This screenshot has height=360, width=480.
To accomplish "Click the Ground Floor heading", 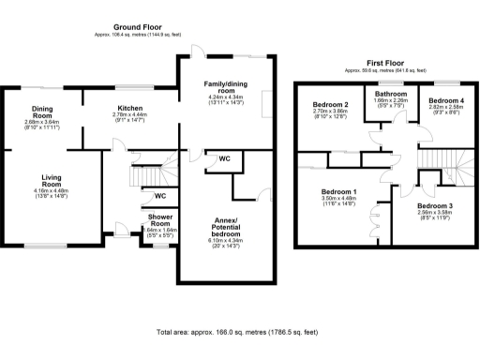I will pos(139,26).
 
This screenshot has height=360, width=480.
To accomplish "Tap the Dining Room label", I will pos(41,112).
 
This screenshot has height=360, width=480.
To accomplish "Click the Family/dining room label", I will pos(224,88).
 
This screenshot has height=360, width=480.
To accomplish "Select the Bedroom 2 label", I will pos(330,104).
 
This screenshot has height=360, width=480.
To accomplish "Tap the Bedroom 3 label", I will pos(435,205).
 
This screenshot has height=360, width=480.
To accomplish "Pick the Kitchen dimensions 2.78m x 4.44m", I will pos(129,118).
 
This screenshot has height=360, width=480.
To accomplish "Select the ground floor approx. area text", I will pos(139,35).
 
